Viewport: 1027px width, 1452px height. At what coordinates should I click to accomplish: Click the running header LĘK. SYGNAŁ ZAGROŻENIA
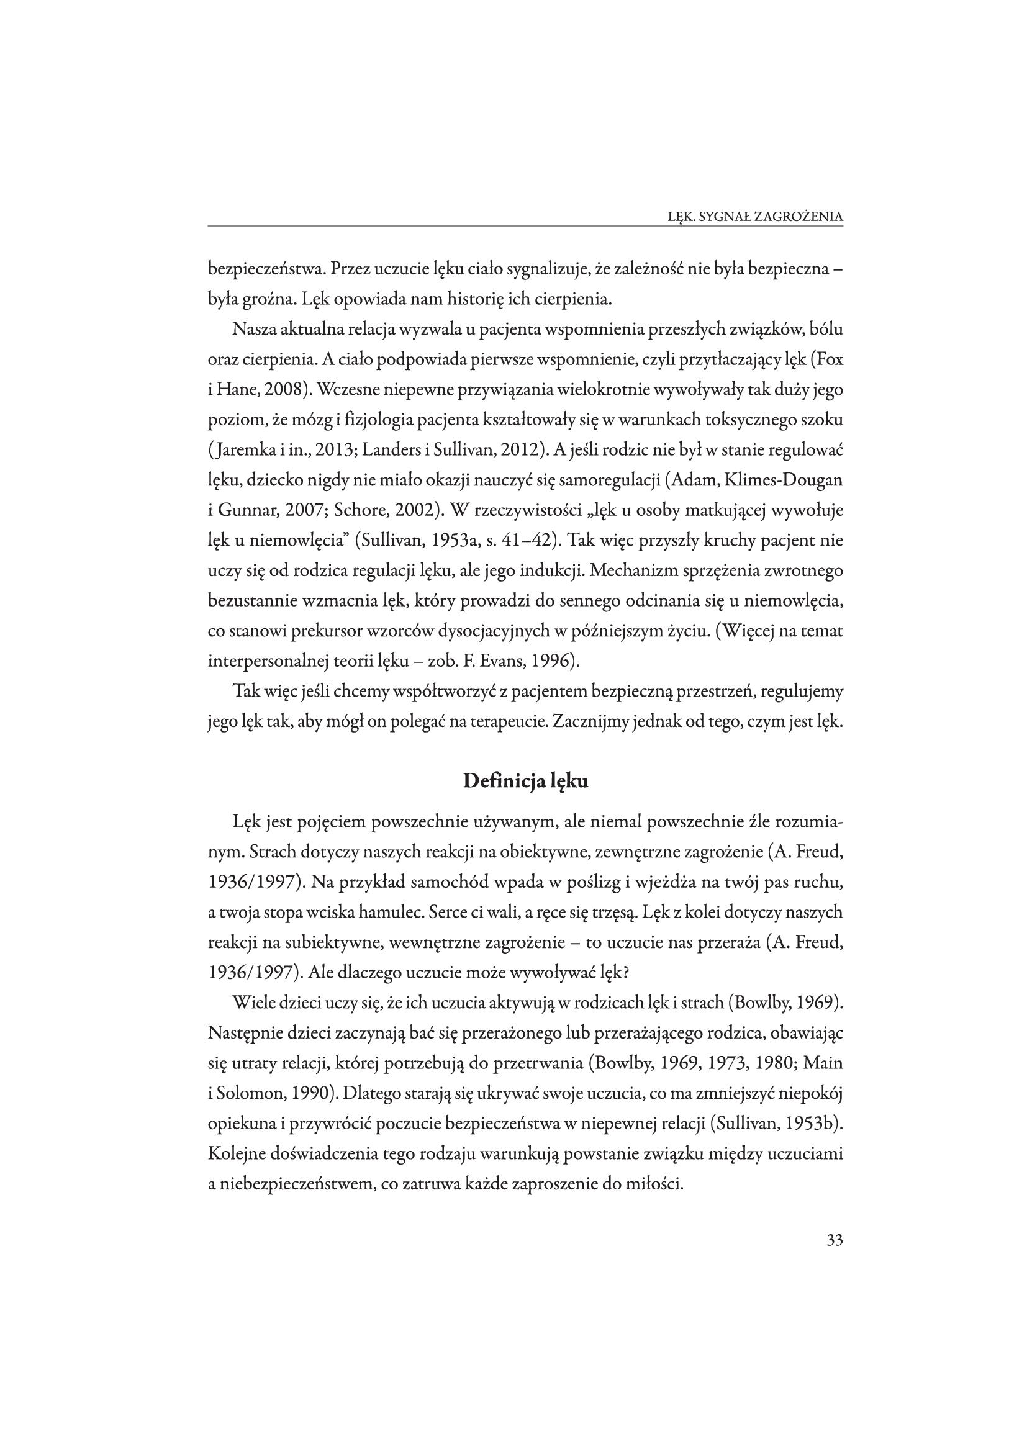click(755, 216)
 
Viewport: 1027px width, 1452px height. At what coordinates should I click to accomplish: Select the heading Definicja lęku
click(525, 781)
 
